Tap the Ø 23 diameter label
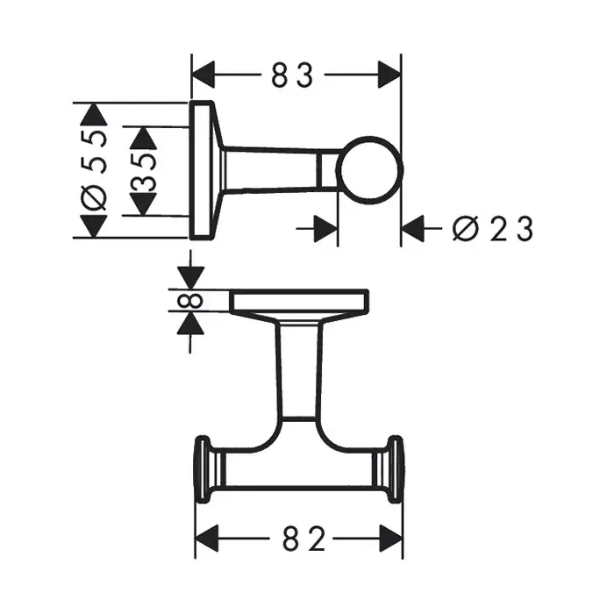click(492, 230)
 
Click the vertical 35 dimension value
click(144, 170)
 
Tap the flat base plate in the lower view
click(299, 301)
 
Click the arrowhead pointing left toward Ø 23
click(413, 230)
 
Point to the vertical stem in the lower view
click(299, 368)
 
